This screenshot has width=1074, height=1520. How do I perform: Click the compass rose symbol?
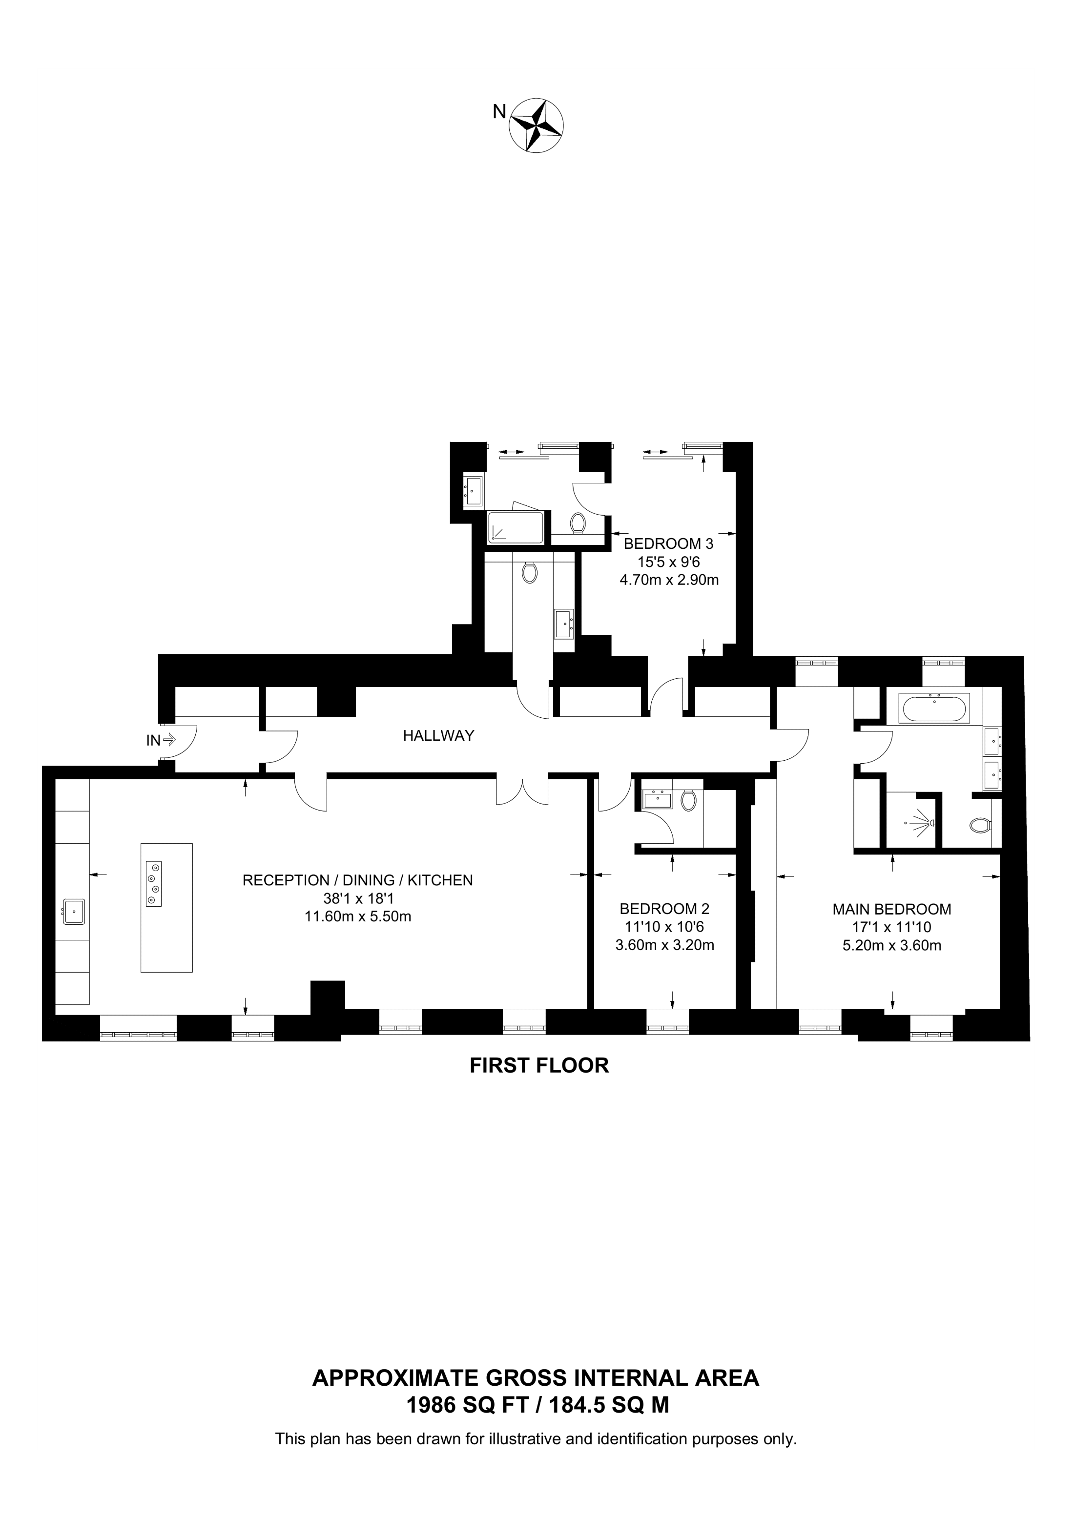[536, 125]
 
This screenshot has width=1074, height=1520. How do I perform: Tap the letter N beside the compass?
[499, 112]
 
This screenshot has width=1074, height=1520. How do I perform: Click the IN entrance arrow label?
[153, 741]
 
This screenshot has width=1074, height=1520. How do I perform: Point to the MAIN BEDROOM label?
[891, 910]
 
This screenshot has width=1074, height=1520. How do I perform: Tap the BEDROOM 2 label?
[664, 909]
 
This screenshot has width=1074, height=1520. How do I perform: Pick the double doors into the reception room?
[523, 791]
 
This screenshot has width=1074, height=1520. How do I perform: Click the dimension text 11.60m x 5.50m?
[357, 917]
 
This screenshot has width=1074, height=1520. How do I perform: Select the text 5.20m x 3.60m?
[891, 945]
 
